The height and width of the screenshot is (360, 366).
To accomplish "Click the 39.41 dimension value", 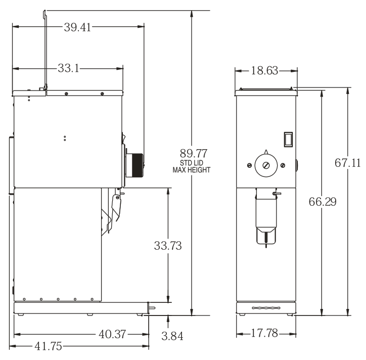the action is point(77,27).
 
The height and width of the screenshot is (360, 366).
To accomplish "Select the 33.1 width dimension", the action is point(68,68).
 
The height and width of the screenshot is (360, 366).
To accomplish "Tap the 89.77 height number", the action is point(194,153).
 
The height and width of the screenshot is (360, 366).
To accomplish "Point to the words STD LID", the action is point(192,163).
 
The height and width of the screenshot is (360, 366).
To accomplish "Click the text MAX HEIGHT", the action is point(192,170).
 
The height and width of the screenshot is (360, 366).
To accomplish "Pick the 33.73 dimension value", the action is point(168,246).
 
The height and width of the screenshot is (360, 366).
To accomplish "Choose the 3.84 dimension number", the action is point(172,336).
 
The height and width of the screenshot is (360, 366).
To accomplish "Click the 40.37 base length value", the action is point(112,334).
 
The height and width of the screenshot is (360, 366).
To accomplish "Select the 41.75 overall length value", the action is point(49,346).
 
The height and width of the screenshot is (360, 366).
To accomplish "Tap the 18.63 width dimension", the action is point(264,70).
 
